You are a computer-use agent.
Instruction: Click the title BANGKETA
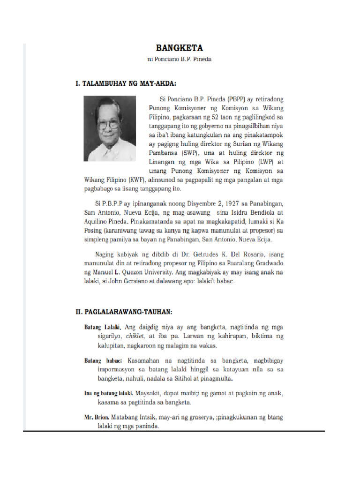[x=180, y=48]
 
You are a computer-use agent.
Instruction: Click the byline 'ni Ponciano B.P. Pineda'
[x=180, y=60]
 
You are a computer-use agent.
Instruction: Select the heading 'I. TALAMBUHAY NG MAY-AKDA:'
[x=126, y=84]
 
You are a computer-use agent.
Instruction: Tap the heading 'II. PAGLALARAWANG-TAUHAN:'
[x=124, y=312]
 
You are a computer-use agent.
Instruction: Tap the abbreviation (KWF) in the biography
[x=135, y=180]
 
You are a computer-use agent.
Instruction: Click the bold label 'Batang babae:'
[x=103, y=360]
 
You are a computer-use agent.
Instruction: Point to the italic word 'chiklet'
[x=124, y=336]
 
